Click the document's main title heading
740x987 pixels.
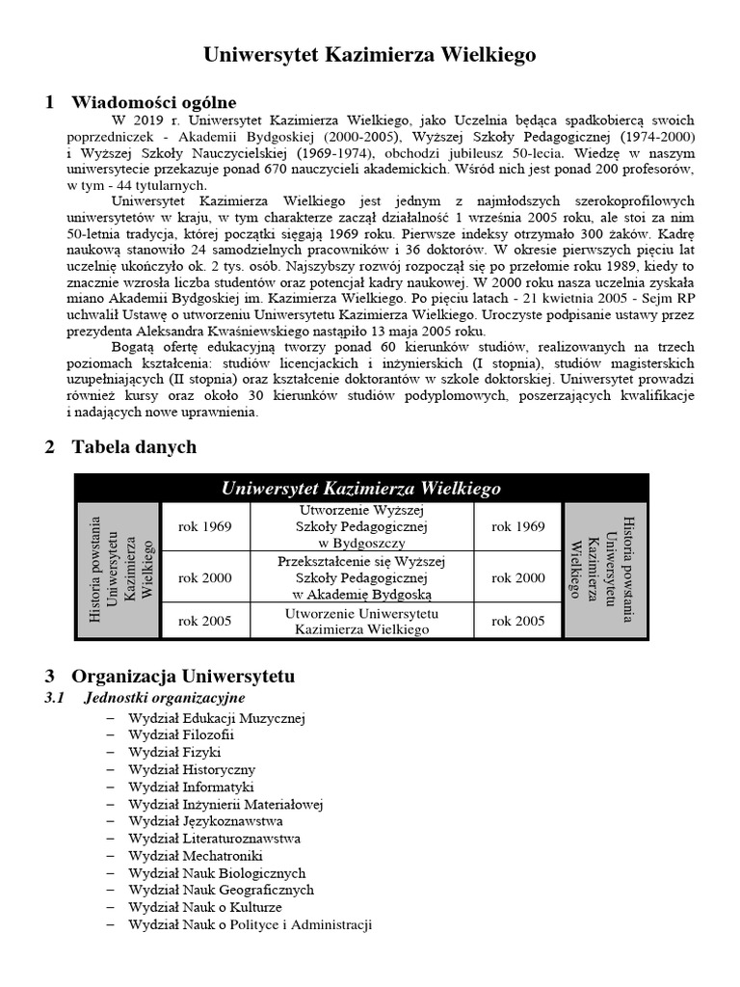click(x=370, y=56)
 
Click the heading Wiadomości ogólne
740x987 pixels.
click(x=153, y=102)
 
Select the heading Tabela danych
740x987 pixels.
click(x=134, y=446)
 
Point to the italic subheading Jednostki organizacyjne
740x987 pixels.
click(x=165, y=697)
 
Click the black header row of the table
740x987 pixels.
click(x=360, y=488)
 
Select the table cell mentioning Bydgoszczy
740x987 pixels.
click(x=360, y=527)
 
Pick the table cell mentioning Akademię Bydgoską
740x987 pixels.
click(x=360, y=578)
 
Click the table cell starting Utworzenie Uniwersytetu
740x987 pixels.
click(x=360, y=621)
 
